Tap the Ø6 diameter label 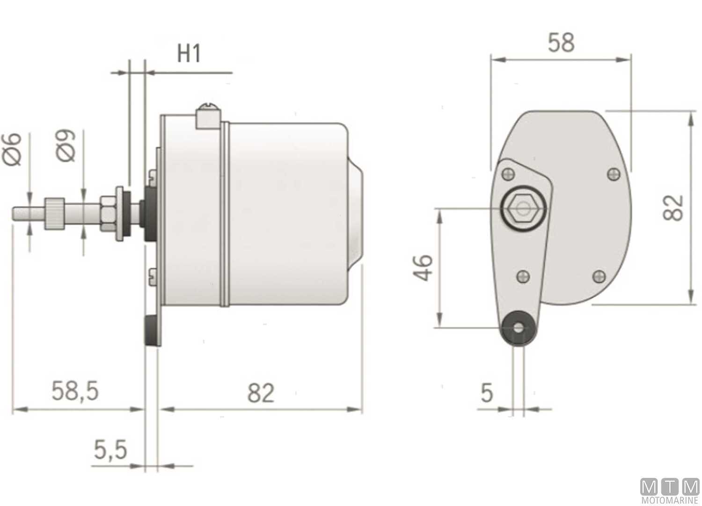point(13,149)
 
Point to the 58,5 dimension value point(75,391)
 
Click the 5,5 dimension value point(110,450)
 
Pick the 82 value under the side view point(260,393)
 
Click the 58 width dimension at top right point(561,43)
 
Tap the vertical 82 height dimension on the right point(673,208)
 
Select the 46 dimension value point(423,268)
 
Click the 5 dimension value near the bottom point(487,393)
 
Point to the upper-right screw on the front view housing point(613,174)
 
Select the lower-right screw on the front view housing point(599,276)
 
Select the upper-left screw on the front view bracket point(509,175)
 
